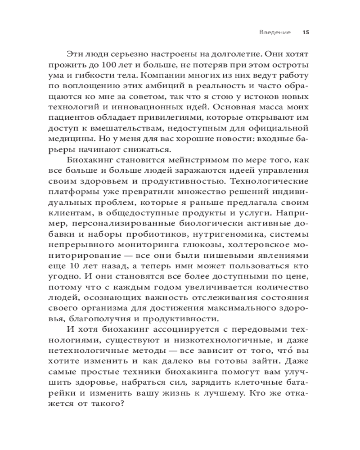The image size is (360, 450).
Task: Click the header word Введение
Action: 275,32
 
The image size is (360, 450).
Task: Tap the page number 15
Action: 306,32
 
